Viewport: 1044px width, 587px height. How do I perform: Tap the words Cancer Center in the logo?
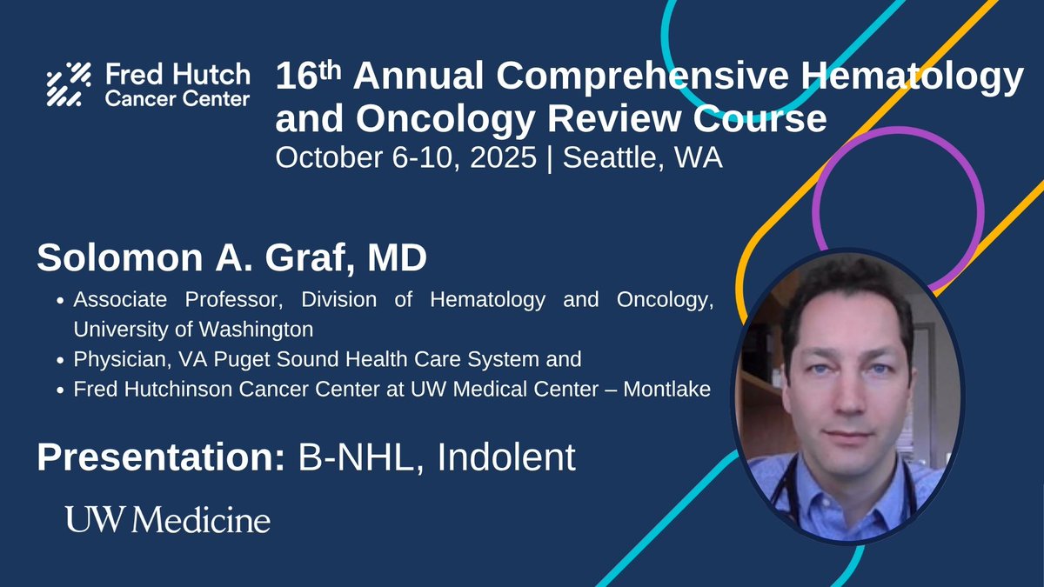tap(177, 98)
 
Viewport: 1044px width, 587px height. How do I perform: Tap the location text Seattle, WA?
tap(643, 157)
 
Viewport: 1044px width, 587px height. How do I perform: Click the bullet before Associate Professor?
tap(59, 302)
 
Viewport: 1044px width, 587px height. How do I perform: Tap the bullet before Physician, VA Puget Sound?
tap(59, 361)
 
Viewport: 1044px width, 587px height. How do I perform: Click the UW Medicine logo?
tap(168, 520)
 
